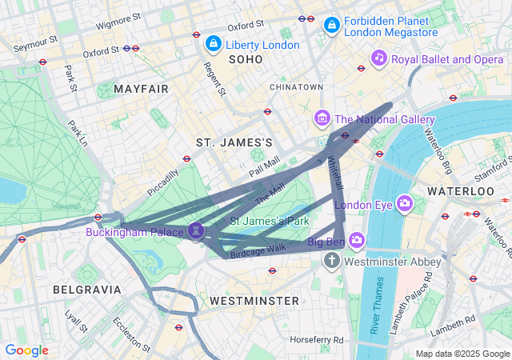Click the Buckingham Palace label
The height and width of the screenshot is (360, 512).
136,232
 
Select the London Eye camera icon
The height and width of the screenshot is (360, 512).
404,203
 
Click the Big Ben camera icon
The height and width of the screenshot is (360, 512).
356,240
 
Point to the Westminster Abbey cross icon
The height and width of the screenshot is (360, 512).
333,261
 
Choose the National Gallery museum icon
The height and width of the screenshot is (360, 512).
322,119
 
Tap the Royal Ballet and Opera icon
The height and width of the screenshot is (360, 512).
379,58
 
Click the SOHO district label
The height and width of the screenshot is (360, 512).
245,59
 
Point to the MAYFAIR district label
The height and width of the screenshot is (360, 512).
142,88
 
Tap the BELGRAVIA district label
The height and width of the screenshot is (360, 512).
86,289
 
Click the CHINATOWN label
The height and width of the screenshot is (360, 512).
296,86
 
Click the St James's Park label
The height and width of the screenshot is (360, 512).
270,220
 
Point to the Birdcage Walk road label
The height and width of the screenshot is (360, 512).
258,249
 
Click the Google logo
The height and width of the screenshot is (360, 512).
26,350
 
